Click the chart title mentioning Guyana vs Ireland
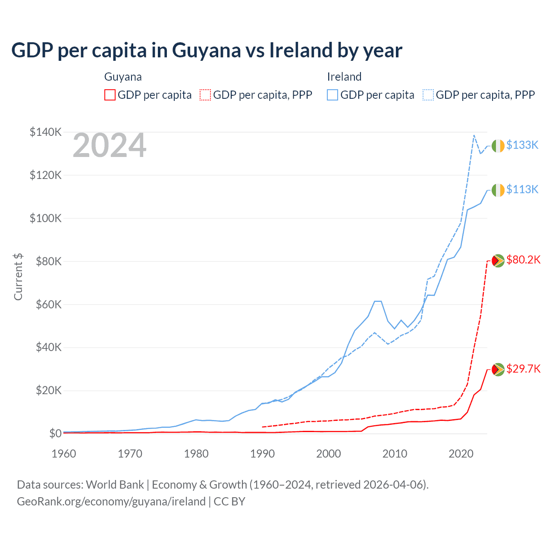[x=207, y=50]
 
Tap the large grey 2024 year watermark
[x=110, y=146]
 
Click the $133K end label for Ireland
[x=522, y=145]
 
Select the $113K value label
[x=522, y=189]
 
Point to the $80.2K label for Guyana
[x=523, y=260]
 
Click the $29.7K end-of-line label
[x=523, y=369]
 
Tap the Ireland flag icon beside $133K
[x=498, y=146]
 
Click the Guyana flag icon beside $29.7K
[x=498, y=370]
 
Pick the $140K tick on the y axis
[x=46, y=132]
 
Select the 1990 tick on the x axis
[x=262, y=454]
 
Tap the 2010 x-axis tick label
[x=395, y=454]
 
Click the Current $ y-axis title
[x=18, y=277]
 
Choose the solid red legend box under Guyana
[x=110, y=95]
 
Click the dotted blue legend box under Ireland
[x=428, y=95]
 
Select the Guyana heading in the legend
[x=123, y=77]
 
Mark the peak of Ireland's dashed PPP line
[x=474, y=135]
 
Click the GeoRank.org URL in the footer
[x=111, y=502]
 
